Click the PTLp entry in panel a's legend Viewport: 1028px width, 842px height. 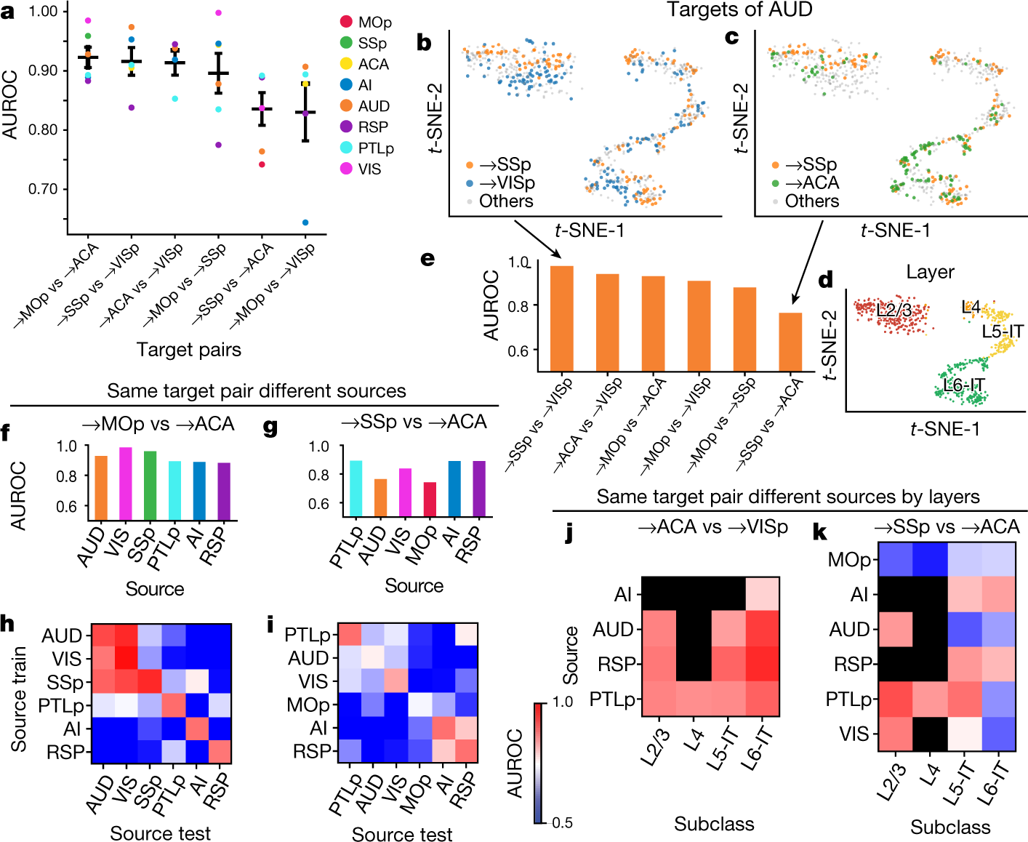[x=375, y=148]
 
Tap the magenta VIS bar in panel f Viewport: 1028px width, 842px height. [x=125, y=484]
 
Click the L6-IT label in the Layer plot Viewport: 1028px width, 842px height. [x=964, y=385]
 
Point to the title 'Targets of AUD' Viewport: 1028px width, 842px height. [x=739, y=9]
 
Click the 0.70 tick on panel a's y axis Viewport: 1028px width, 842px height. [x=43, y=189]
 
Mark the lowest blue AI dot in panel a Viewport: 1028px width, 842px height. [x=305, y=222]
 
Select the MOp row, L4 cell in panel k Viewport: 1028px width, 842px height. [x=931, y=561]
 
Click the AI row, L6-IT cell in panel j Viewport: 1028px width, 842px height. [x=762, y=594]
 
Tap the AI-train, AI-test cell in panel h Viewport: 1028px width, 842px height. [x=196, y=729]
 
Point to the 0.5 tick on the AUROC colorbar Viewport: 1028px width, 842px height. [x=562, y=822]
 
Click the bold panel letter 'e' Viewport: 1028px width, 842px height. [x=427, y=258]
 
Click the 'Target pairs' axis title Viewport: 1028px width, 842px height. [x=189, y=350]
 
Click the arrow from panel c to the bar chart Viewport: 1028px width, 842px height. [x=807, y=262]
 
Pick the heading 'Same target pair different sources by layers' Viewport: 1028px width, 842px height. [x=788, y=497]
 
